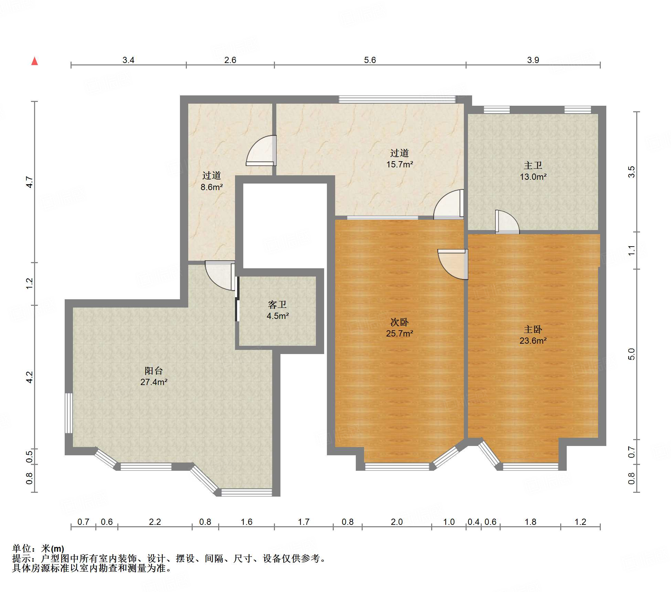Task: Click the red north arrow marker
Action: (34, 61)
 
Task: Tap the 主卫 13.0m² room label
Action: (533, 171)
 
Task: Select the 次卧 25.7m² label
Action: (400, 328)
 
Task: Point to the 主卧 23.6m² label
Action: (533, 335)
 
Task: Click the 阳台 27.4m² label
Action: (154, 376)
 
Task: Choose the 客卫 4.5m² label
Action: (277, 310)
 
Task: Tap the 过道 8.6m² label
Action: (212, 181)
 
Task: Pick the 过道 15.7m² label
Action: (400, 158)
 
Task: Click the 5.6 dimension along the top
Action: (370, 60)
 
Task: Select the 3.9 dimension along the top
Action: (533, 60)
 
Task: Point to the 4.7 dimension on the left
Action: (30, 182)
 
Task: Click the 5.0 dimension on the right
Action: (631, 354)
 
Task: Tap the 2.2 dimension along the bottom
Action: (155, 522)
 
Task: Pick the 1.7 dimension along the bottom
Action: (303, 522)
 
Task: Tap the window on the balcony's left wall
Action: (69, 413)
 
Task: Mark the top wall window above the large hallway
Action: (397, 99)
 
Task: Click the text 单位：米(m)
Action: (38, 548)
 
